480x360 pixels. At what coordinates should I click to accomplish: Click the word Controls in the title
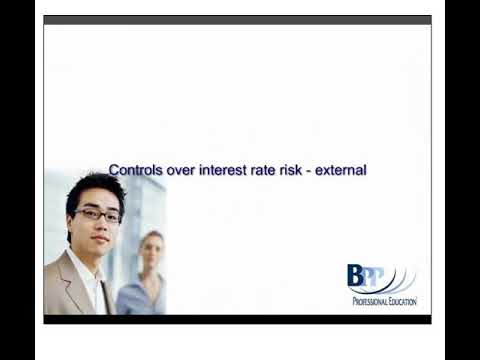coord(135,170)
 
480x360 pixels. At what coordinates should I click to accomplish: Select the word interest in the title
coord(228,170)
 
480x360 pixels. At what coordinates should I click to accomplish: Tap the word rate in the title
coord(272,170)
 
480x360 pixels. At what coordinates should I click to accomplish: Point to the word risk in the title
coord(301,170)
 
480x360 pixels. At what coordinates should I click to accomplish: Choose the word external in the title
coord(345,170)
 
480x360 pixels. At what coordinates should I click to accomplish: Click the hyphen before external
coord(318,171)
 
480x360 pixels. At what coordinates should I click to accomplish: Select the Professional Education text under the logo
coord(384,301)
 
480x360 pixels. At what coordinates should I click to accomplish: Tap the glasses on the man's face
coord(98,214)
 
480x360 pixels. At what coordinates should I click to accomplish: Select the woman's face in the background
coord(151,252)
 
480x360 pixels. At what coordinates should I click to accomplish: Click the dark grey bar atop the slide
coord(237,19)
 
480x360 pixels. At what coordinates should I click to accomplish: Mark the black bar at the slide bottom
coord(237,319)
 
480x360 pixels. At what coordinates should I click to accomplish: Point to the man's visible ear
coord(71,222)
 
